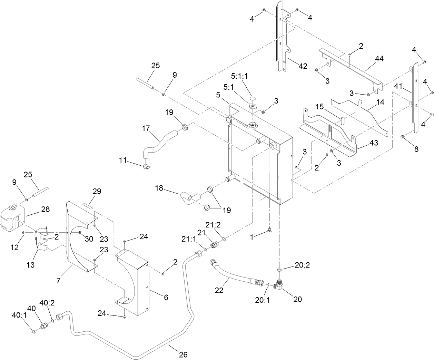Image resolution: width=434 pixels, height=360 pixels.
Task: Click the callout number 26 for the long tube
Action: click(183, 354)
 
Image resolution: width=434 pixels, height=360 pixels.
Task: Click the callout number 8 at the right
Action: click(416, 149)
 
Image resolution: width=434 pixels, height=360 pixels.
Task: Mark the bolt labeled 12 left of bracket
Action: click(24, 233)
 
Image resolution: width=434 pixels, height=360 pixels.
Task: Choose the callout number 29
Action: click(97, 191)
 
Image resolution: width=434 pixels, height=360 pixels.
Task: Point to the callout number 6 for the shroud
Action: click(166, 297)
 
